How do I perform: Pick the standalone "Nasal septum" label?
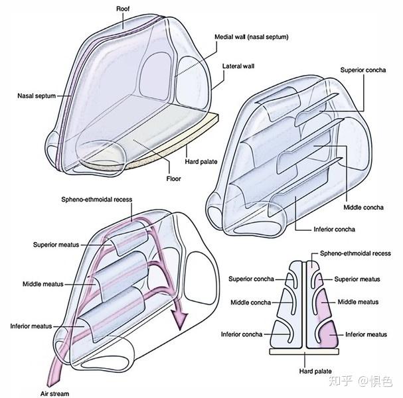pos(36,96)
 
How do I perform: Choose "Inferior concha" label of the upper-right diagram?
pos(335,230)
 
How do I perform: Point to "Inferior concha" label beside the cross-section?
pos(243,334)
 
